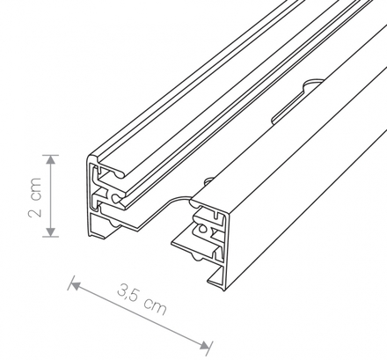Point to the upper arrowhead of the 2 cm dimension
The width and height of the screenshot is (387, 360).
pyautogui.click(x=50, y=158)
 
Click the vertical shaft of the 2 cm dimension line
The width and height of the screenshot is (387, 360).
pyautogui.click(x=50, y=195)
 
